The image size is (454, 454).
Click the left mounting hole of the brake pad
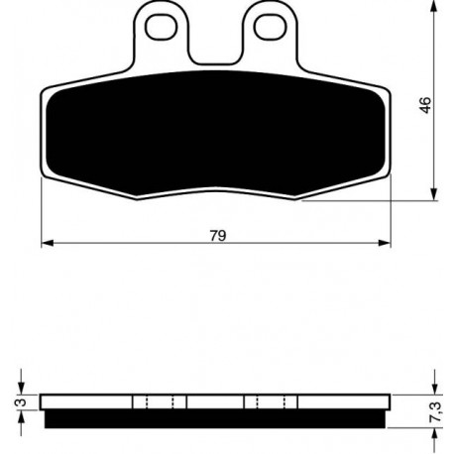pyautogui.click(x=162, y=27)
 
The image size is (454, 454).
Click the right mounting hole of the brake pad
pyautogui.click(x=271, y=27)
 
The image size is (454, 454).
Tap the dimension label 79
pyautogui.click(x=218, y=236)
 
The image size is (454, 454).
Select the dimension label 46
pyautogui.click(x=426, y=105)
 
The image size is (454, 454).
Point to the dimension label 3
pyautogui.click(x=21, y=402)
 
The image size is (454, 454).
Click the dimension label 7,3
pyautogui.click(x=436, y=411)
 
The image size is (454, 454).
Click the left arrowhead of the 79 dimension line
pyautogui.click(x=48, y=243)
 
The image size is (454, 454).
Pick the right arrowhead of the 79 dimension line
pyautogui.click(x=385, y=243)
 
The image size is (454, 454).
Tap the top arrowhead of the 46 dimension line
pyautogui.click(x=434, y=6)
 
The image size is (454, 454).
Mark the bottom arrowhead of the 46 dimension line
pyautogui.click(x=434, y=194)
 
